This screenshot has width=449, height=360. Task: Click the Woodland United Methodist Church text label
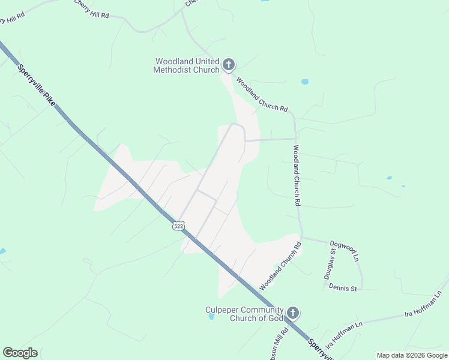[187, 65]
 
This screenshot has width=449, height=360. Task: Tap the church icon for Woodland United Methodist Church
[228, 64]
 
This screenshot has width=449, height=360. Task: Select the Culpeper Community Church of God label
[244, 313]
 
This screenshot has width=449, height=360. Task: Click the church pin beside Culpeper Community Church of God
[292, 313]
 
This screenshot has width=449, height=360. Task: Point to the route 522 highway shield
[178, 225]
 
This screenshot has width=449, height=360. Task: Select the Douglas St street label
[330, 264]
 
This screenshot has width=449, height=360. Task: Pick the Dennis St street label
[343, 288]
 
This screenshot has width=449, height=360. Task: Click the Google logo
[20, 353]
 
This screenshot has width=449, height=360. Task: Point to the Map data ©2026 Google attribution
[412, 355]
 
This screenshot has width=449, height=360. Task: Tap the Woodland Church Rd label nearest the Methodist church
[262, 94]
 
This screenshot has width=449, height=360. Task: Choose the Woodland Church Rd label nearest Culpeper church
[280, 266]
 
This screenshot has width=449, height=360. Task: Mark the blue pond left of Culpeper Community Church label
[211, 317]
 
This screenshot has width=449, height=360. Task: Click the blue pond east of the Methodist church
[304, 82]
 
